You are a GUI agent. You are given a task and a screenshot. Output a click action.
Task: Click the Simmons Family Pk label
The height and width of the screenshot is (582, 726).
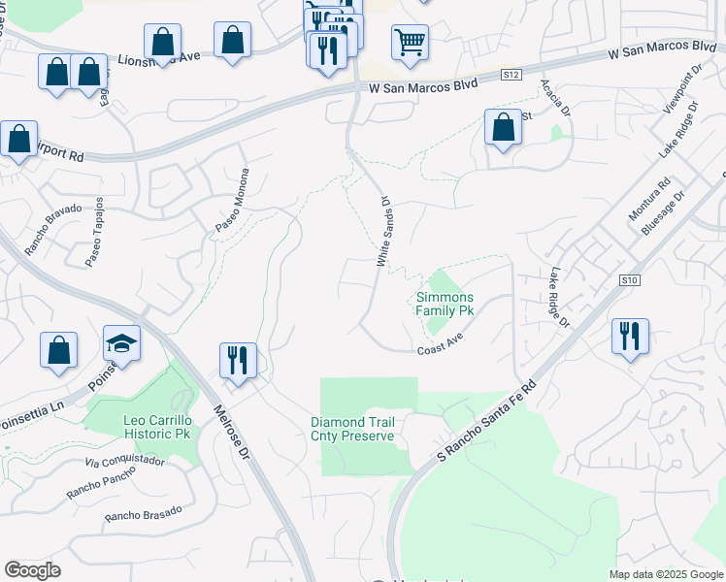(445, 304)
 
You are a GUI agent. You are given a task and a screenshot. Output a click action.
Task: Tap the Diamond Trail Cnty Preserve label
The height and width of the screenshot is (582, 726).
(352, 429)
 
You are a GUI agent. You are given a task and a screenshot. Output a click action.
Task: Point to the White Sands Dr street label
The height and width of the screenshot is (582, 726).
(382, 232)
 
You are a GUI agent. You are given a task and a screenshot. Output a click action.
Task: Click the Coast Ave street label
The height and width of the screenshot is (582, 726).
(442, 350)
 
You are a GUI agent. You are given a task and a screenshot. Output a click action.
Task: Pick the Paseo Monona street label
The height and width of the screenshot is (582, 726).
(233, 200)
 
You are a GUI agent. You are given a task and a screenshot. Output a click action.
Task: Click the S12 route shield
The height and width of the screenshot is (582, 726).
(511, 74)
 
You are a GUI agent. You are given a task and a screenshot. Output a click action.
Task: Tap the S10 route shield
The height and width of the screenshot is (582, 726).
(630, 280)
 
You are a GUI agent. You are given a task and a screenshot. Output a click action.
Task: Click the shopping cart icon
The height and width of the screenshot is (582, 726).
(410, 43)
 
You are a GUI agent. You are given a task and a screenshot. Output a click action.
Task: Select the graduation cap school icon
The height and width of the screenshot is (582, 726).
(121, 343)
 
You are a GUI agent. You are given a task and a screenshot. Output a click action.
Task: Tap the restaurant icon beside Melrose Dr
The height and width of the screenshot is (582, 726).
(237, 360)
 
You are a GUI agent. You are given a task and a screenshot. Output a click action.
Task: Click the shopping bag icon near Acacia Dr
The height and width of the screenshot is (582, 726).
(503, 128)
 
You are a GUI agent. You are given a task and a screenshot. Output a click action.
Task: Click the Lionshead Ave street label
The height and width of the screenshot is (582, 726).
(160, 58)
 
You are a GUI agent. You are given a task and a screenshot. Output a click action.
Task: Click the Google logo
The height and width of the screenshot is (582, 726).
(32, 570)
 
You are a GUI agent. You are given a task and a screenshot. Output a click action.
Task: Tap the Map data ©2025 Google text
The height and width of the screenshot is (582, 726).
(665, 574)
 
